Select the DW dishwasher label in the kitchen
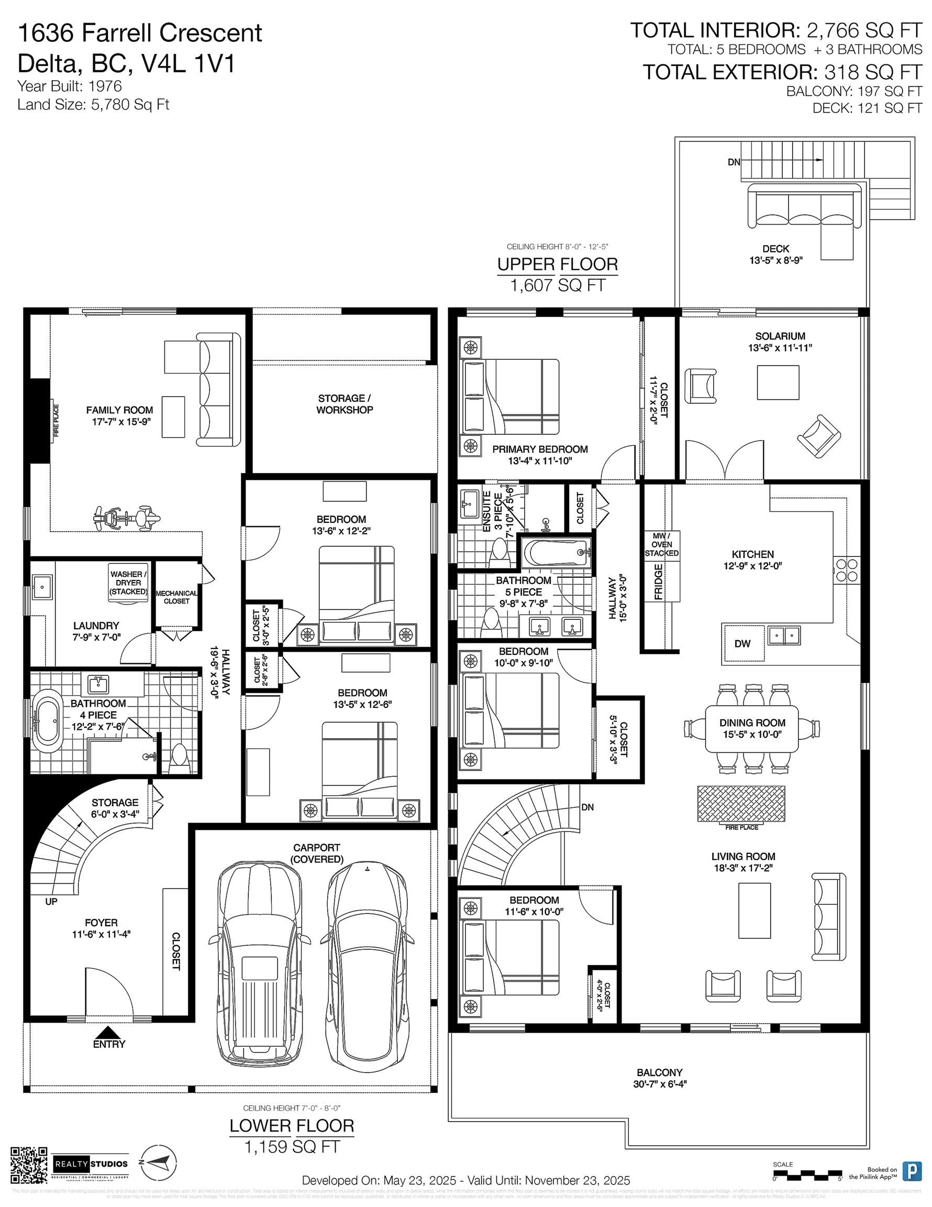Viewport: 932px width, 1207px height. [x=742, y=643]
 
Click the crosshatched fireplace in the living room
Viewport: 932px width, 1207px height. [x=741, y=804]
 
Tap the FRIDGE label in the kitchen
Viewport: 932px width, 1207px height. [x=659, y=581]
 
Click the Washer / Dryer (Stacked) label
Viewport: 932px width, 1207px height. [x=128, y=583]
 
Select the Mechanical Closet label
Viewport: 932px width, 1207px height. [x=176, y=597]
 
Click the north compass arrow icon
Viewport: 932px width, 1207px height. [x=158, y=1163]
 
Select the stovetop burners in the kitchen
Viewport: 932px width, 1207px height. [x=847, y=570]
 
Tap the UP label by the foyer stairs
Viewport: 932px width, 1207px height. [x=51, y=902]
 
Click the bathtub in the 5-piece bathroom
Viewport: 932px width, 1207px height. [x=556, y=552]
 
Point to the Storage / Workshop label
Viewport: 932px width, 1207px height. [x=344, y=404]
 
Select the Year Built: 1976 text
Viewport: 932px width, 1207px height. [x=70, y=86]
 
